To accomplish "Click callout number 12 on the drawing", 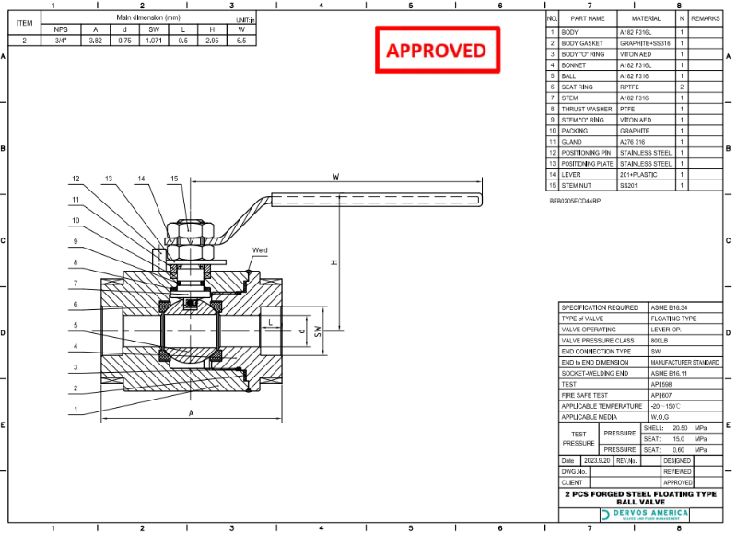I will click(x=77, y=179).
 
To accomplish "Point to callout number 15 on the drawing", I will click(x=173, y=179).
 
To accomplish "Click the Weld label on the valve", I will click(x=260, y=249).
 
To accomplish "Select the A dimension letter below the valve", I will click(x=191, y=414).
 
